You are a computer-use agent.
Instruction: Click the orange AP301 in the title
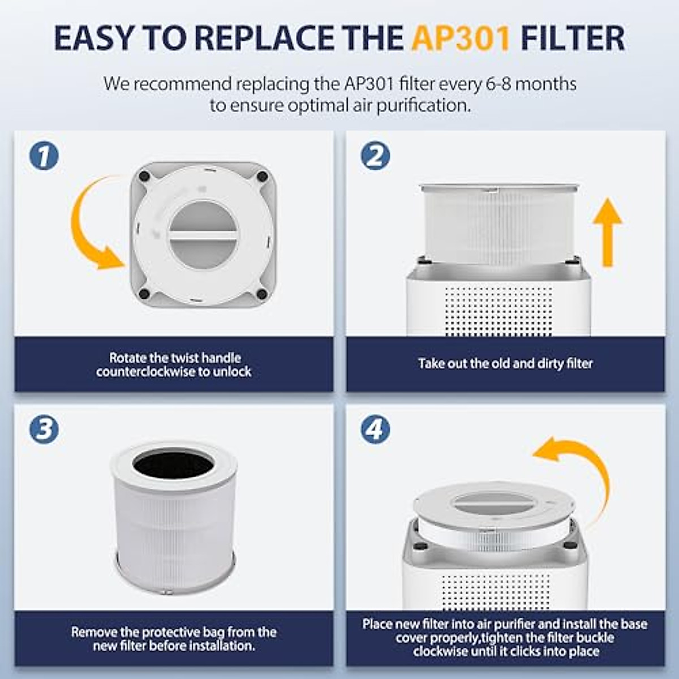461,38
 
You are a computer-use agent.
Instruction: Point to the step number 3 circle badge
44,429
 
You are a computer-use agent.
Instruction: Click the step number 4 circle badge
375,429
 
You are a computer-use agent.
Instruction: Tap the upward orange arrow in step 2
608,232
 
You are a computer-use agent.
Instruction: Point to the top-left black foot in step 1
144,177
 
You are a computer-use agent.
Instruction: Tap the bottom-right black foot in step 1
261,294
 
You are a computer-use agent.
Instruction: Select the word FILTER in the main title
571,38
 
